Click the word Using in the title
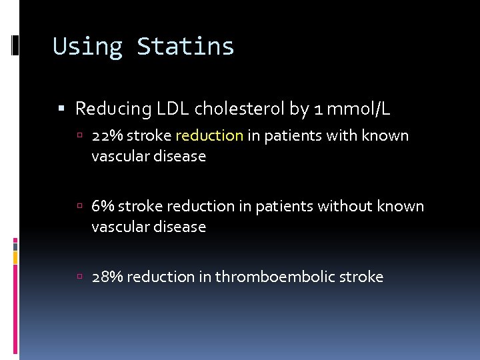(x=87, y=47)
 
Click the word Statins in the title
(x=185, y=47)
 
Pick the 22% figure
(x=107, y=136)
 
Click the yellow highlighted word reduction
(x=209, y=136)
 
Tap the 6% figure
(x=103, y=207)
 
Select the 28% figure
(x=107, y=277)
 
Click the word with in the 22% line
(x=343, y=136)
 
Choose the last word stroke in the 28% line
(x=362, y=277)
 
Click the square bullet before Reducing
(x=62, y=108)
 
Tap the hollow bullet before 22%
(x=80, y=137)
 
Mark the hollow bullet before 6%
(x=80, y=207)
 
